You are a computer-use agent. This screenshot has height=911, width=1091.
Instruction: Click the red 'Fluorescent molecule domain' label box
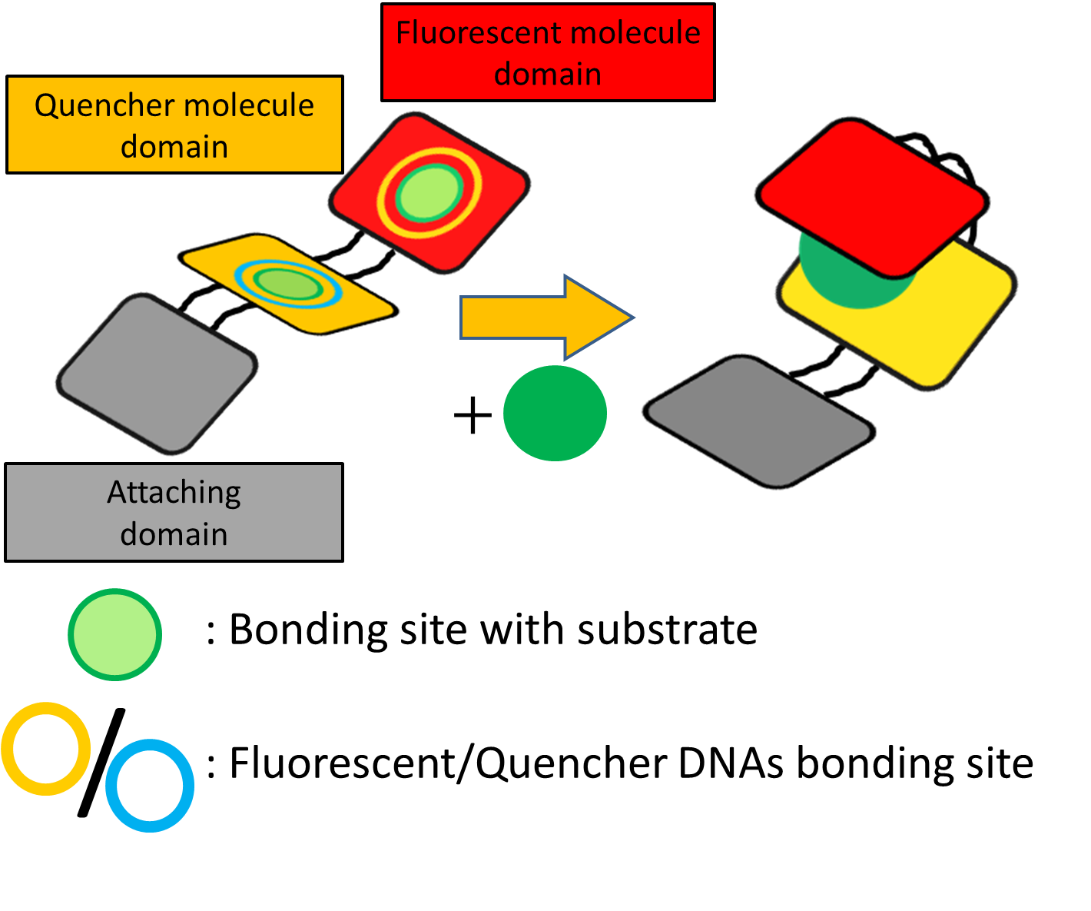(x=548, y=52)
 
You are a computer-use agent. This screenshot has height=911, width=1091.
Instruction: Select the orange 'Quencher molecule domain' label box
(x=174, y=125)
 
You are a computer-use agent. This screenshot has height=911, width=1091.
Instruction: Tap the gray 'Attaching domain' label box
(x=174, y=513)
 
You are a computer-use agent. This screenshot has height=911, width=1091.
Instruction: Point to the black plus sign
(x=473, y=416)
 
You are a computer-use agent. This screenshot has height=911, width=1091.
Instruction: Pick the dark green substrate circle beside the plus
(x=555, y=414)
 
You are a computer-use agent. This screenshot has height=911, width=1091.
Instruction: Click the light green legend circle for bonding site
(x=114, y=634)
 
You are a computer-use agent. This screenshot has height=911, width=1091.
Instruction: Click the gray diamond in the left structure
(x=158, y=373)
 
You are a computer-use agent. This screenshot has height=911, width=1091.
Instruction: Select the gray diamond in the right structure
(x=759, y=421)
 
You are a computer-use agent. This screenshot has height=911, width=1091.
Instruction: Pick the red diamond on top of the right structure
(x=872, y=192)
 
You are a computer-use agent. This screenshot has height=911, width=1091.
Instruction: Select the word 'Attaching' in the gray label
(x=174, y=493)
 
